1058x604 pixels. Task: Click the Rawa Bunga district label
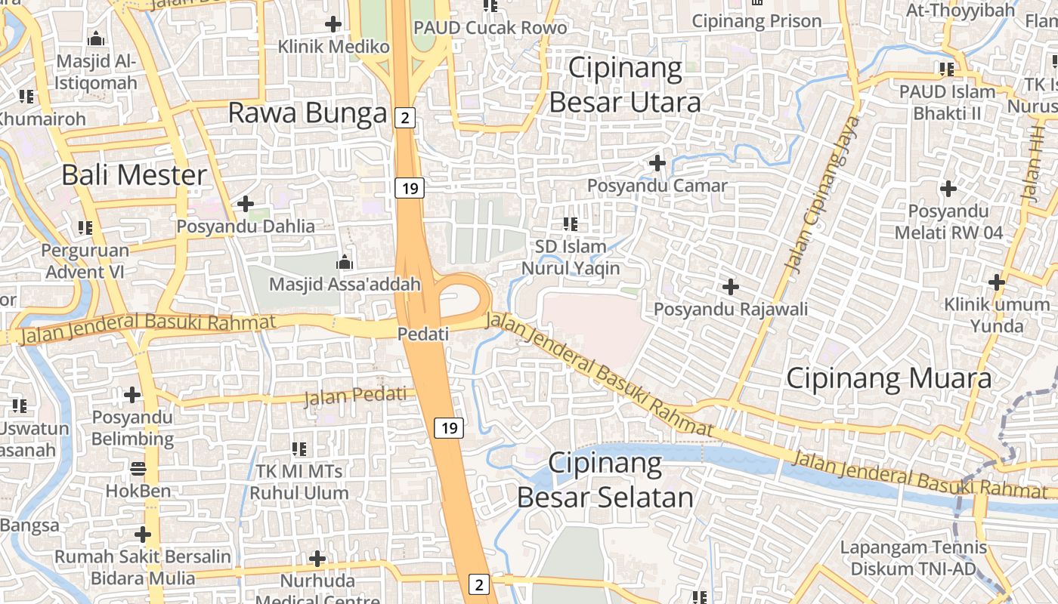[x=308, y=113]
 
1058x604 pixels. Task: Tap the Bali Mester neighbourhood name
[x=134, y=175]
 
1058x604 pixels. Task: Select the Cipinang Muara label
[x=889, y=378]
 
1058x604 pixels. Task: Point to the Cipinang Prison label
[x=756, y=21]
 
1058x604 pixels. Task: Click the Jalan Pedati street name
[x=355, y=396]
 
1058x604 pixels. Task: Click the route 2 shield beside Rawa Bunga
[x=406, y=117]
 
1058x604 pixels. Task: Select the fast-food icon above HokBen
[x=138, y=469]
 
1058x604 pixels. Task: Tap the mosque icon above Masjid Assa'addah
[x=345, y=263]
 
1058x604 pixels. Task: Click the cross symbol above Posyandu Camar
[x=657, y=162]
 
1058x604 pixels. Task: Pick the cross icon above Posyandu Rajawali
[x=731, y=287]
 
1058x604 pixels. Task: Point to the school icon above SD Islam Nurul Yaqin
[x=571, y=224]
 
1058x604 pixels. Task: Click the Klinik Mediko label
[x=333, y=47]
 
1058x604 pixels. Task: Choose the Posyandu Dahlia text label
[x=246, y=226]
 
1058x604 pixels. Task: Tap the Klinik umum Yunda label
[x=997, y=316]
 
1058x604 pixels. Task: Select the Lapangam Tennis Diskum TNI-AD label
[x=914, y=558]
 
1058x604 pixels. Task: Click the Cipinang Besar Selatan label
[x=605, y=480]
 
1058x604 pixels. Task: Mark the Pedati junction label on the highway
[x=423, y=334]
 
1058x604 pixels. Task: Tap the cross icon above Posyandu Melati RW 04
[x=948, y=188]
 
